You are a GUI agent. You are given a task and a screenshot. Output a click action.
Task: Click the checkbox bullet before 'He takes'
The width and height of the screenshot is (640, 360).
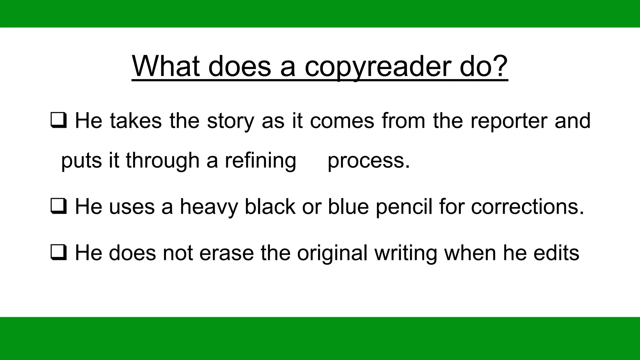[58, 121]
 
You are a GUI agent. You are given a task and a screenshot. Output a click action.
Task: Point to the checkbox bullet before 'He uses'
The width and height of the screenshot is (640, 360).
[58, 207]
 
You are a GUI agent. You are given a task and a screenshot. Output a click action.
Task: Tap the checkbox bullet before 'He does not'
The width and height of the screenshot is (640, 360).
[58, 253]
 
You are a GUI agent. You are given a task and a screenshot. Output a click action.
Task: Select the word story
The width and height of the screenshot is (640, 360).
[230, 121]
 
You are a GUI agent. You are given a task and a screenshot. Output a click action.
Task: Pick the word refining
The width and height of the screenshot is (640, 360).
[260, 161]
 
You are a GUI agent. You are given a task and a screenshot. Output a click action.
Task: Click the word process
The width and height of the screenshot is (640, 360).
[368, 161]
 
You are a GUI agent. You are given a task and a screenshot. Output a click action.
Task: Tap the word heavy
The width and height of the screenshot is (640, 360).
[208, 207]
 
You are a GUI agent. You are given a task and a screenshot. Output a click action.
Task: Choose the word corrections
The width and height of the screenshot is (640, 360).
[527, 207]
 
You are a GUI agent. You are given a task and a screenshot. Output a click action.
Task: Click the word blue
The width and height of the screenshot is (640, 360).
[348, 207]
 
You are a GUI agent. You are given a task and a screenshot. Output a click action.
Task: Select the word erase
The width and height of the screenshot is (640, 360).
[226, 253]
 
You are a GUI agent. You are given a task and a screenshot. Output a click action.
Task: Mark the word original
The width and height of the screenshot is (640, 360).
[332, 253]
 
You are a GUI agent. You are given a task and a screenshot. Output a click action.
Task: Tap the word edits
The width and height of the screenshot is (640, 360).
[556, 253]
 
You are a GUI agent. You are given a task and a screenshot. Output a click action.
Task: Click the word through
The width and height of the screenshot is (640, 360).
[162, 161]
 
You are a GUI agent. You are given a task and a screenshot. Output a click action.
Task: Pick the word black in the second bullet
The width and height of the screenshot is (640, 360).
[270, 207]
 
